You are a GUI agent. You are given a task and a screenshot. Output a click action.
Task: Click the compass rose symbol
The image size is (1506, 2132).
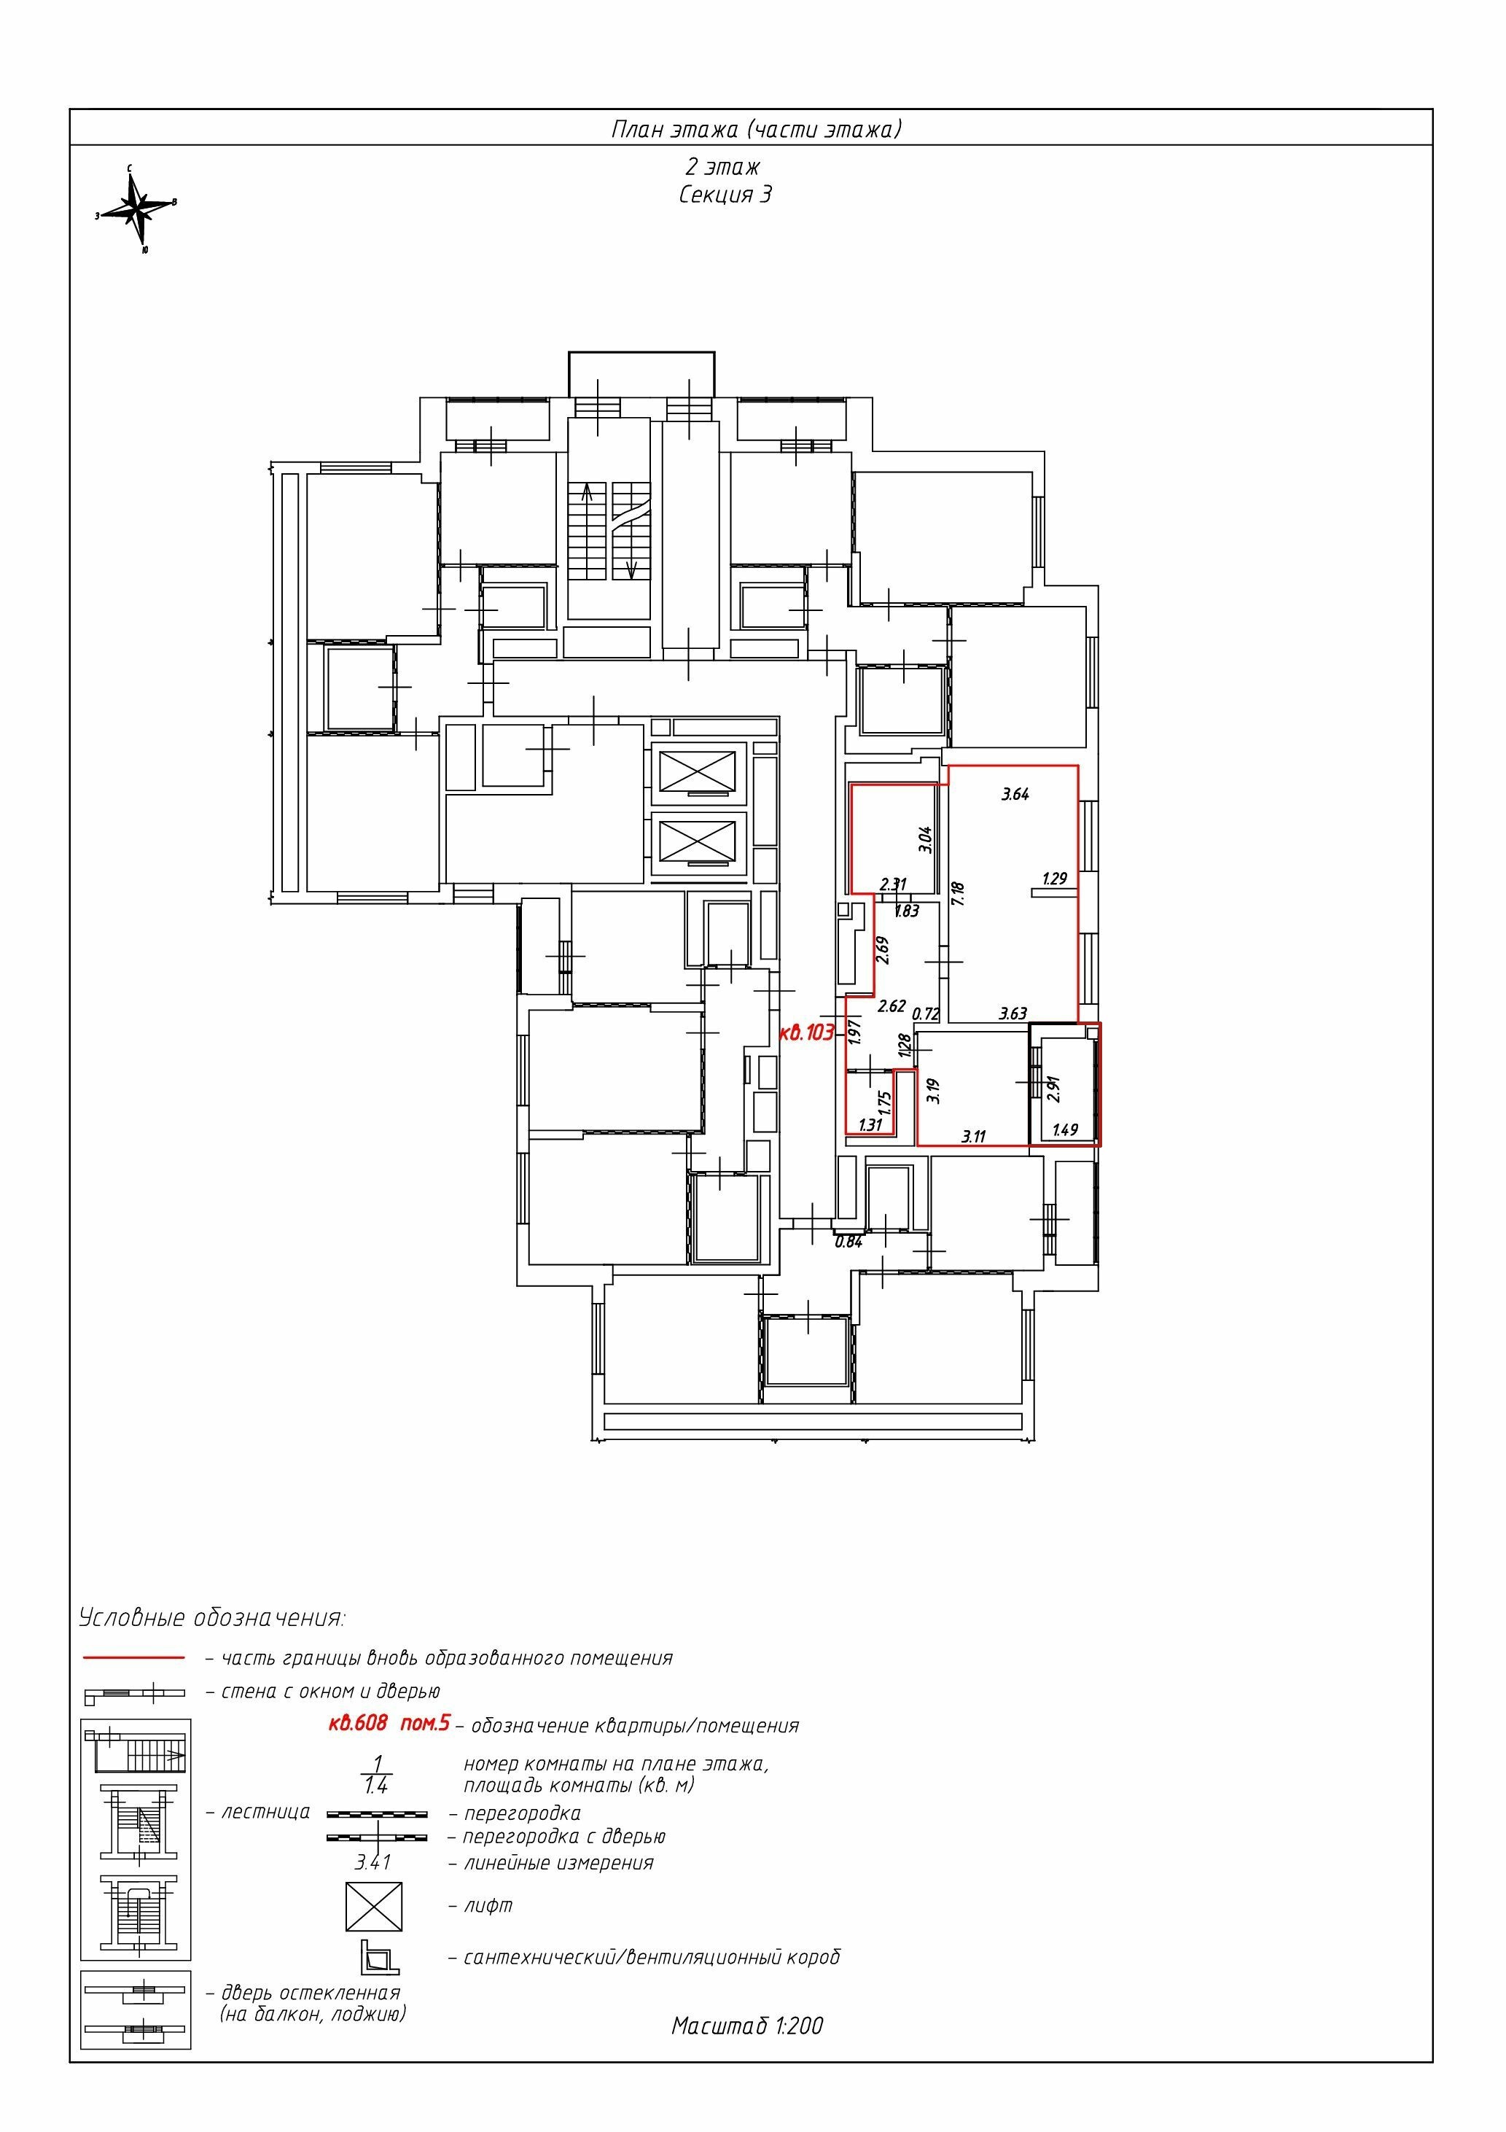138,210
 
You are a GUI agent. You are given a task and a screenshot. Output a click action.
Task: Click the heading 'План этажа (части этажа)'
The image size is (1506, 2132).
756,129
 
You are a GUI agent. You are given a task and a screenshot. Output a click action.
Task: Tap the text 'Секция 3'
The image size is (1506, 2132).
725,195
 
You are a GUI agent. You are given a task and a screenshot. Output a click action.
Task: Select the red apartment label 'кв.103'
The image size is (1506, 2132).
807,1032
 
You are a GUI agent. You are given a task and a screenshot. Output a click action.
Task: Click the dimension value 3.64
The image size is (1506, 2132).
1015,794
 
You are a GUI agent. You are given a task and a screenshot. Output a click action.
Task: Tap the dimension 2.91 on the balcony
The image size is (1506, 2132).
1053,1089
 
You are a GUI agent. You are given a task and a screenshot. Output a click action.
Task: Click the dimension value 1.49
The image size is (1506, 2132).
1065,1130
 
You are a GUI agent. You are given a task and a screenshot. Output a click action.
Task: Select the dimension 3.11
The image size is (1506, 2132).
973,1136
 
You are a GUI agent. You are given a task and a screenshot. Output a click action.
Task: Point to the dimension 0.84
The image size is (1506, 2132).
848,1242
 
